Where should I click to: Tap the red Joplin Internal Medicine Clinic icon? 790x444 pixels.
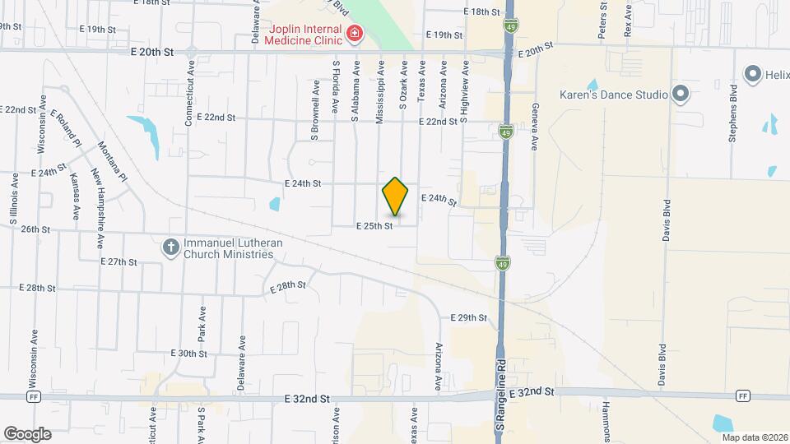[x=355, y=33]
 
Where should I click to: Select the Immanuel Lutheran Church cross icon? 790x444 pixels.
[x=170, y=247]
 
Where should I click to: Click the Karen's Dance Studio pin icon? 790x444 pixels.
[x=680, y=94]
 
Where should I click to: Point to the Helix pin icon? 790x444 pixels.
[x=751, y=74]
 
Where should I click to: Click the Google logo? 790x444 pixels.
[x=27, y=434]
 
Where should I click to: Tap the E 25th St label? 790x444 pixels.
[x=374, y=225]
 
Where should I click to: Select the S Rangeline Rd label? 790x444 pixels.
[x=499, y=403]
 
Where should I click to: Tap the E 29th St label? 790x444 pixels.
[x=469, y=317]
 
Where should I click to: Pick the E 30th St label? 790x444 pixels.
[x=188, y=353]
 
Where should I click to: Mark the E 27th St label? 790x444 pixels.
[x=118, y=261]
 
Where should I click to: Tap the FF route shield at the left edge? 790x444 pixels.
[x=34, y=396]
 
